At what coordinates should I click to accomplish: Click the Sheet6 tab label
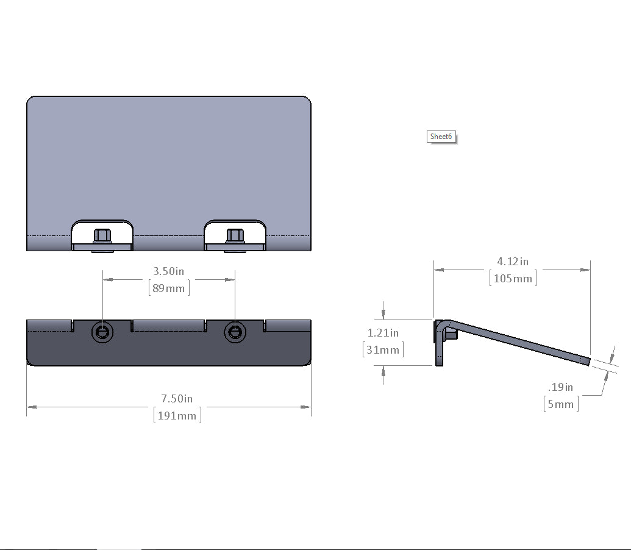441,137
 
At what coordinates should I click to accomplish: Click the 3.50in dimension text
169,271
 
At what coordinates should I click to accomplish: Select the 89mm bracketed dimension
169,288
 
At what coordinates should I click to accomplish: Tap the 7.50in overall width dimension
177,398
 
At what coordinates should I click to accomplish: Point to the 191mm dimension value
177,415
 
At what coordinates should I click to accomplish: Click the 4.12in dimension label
513,262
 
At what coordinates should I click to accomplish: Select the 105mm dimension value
513,279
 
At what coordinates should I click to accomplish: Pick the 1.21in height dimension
383,333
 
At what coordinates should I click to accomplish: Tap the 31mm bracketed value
383,349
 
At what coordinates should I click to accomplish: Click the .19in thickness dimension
560,387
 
